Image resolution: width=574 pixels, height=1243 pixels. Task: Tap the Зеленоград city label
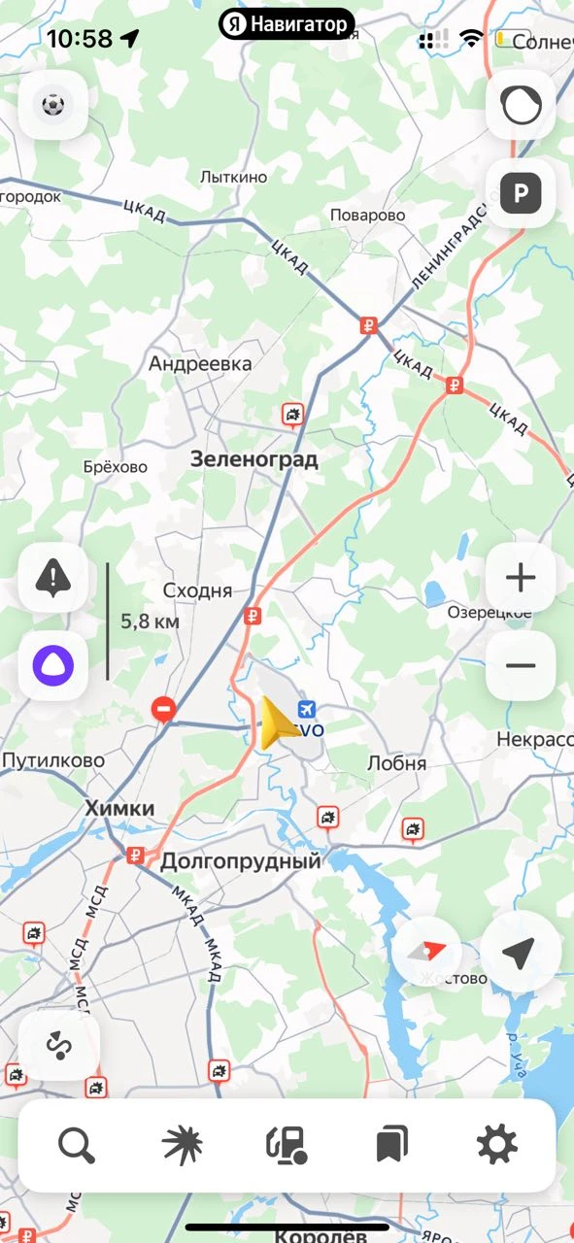(254, 459)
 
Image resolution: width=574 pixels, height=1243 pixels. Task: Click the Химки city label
(119, 808)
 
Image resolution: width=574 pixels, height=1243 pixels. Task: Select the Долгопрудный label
(240, 860)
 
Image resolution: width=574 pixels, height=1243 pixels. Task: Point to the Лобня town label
(396, 763)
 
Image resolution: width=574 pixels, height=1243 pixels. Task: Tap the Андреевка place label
(200, 364)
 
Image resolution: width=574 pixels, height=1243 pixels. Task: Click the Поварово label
(367, 216)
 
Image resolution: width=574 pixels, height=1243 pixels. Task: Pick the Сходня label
(197, 590)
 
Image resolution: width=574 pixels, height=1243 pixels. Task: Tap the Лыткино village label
(233, 178)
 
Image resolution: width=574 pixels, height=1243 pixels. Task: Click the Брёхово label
(116, 467)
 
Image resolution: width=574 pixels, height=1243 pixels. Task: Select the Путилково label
(52, 760)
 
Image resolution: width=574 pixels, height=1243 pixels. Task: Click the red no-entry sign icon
(164, 710)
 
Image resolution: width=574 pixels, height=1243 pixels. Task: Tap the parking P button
(521, 194)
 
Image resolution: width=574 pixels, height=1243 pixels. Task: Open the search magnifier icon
(76, 1146)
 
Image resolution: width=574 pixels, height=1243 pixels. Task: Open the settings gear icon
(496, 1146)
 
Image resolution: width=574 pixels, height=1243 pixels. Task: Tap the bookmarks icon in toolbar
(391, 1146)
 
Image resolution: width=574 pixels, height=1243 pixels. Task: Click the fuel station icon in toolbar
(287, 1146)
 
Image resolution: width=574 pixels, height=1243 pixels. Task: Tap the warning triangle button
(52, 579)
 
